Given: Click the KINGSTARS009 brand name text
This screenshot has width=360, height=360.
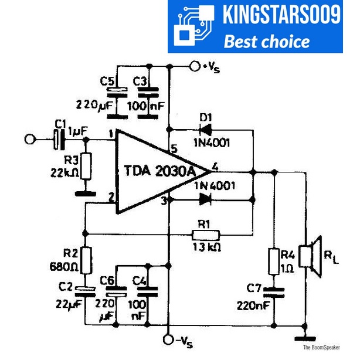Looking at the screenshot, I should click(281, 15).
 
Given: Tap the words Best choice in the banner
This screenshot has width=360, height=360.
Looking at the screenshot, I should click(267, 41).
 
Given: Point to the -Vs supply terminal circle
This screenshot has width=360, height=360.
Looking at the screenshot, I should click(169, 339).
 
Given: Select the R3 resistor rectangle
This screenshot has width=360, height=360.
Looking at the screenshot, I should click(86, 166).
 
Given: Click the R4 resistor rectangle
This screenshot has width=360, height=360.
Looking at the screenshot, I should click(274, 261).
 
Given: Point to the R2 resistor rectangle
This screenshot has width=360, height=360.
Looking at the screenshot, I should click(86, 261).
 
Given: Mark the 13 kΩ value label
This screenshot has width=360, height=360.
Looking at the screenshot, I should click(206, 247).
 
